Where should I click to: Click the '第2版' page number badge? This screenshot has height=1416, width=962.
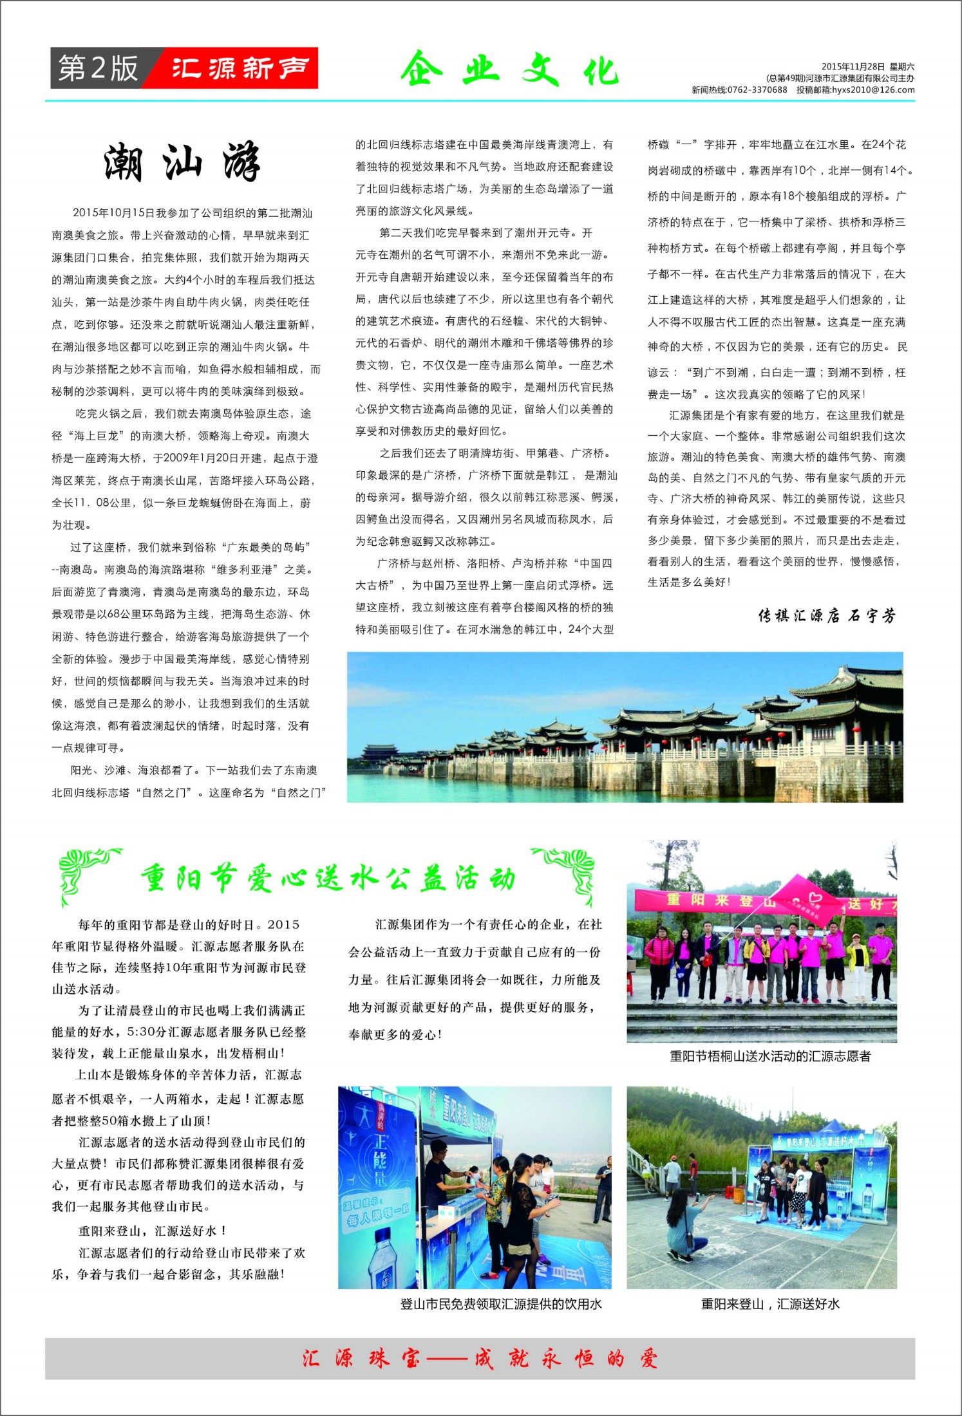tap(98, 68)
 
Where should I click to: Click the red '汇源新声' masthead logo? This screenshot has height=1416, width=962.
tap(240, 68)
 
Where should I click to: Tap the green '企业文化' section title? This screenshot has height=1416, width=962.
tap(509, 70)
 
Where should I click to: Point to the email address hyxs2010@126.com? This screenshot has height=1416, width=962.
tap(872, 90)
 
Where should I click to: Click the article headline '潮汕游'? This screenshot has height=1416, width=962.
tap(182, 162)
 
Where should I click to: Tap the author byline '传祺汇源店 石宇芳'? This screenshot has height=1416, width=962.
tap(827, 616)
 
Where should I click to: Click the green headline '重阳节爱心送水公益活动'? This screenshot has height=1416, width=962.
tap(328, 879)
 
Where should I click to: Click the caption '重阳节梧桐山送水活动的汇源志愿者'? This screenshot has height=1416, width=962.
tap(770, 1056)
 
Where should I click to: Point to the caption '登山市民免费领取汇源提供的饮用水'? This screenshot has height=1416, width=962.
tap(501, 1304)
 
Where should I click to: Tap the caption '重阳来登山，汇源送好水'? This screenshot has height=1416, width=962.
tap(770, 1304)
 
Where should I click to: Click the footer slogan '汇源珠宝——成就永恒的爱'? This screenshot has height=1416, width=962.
tap(480, 1359)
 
